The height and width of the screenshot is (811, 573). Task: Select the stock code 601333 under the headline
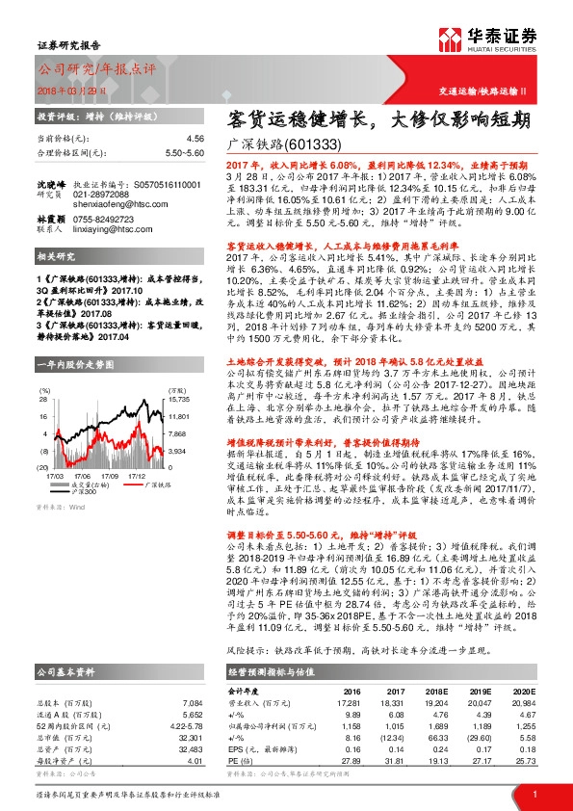[313, 144]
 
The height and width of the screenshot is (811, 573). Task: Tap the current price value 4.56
[195, 139]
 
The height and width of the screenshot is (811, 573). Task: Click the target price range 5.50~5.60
[183, 152]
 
